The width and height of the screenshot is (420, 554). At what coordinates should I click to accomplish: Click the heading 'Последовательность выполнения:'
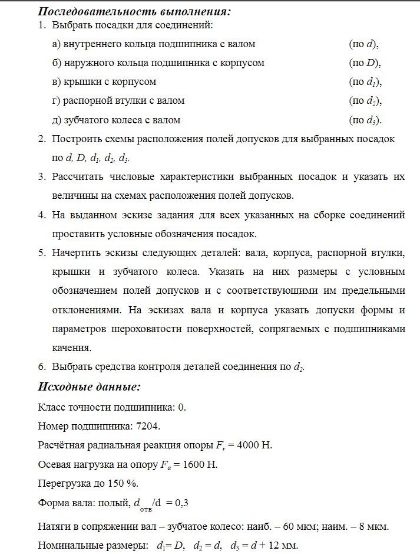134,11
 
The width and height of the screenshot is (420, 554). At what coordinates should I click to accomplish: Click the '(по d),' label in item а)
363,44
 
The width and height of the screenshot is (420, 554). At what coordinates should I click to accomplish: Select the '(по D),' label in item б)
365,63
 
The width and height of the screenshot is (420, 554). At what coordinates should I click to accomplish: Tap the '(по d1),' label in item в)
365,82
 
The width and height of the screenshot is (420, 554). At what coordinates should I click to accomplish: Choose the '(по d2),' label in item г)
365,101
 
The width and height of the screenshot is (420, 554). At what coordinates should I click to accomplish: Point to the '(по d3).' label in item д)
365,120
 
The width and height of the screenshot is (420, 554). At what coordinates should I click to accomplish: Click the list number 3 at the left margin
42,176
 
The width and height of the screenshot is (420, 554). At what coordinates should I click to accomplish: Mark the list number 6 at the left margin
42,366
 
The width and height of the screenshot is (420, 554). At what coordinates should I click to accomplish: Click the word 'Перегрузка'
63,483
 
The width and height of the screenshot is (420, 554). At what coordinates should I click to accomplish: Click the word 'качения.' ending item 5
72,348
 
